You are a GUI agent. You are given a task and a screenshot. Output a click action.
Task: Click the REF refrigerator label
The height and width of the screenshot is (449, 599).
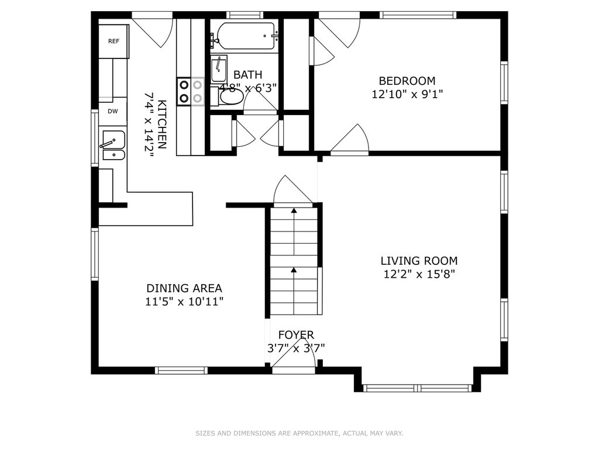pyautogui.click(x=113, y=42)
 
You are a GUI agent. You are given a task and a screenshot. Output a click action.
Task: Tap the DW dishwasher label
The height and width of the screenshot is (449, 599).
pyautogui.click(x=113, y=112)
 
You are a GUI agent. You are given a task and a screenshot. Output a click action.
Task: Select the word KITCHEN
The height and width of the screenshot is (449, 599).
pyautogui.click(x=162, y=125)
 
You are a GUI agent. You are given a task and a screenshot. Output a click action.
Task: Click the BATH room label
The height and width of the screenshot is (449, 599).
pyautogui.click(x=248, y=74)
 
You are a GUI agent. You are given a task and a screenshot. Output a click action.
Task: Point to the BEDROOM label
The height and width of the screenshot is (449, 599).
pyautogui.click(x=407, y=81)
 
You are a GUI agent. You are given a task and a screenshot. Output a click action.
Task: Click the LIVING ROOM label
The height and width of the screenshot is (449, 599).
pyautogui.click(x=419, y=261)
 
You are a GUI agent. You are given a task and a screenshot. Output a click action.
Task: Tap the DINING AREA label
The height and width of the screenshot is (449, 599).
pyautogui.click(x=184, y=288)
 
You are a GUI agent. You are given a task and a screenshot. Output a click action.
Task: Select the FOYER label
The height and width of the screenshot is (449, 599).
pyautogui.click(x=296, y=335)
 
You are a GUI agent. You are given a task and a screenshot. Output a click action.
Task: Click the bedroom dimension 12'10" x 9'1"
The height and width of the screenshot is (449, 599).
pyautogui.click(x=407, y=94)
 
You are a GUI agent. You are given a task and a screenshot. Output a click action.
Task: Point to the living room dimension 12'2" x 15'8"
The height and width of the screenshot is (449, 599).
pyautogui.click(x=419, y=274)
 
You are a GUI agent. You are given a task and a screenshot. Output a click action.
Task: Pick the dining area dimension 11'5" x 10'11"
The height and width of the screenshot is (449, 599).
pyautogui.click(x=184, y=302)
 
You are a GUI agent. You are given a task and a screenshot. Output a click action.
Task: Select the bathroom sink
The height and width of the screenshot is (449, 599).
pyautogui.click(x=219, y=69)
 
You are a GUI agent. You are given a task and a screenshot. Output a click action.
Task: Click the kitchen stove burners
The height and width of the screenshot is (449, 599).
pyautogui.click(x=191, y=91)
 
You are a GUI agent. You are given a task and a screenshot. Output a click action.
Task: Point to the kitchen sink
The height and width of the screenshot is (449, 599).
pyautogui.click(x=113, y=145)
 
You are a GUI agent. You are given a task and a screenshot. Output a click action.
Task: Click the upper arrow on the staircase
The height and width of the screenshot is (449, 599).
pyautogui.click(x=294, y=232)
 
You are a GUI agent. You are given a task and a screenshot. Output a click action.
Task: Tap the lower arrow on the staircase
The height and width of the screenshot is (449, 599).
pyautogui.click(x=294, y=290)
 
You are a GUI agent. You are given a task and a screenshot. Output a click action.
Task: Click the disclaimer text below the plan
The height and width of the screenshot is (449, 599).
pyautogui.click(x=299, y=433)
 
